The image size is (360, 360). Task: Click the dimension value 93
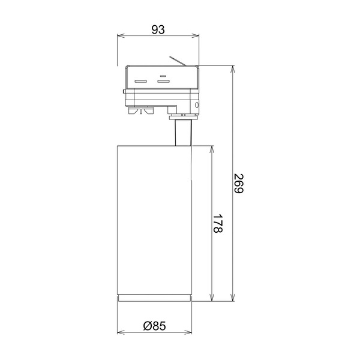coord(158,29)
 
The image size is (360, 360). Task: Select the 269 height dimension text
coord(239,184)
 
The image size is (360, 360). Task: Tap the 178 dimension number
coord(217,224)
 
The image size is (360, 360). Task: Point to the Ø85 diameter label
coord(154,326)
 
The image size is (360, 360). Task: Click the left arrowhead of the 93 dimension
coord(121,35)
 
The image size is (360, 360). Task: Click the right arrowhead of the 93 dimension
coord(196,35)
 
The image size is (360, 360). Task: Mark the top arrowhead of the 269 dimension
coord(233,69)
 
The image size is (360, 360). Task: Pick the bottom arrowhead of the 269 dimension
coord(233,298)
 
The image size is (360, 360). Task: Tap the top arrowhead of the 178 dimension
coord(212,149)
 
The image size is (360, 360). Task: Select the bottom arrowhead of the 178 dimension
coord(212,298)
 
